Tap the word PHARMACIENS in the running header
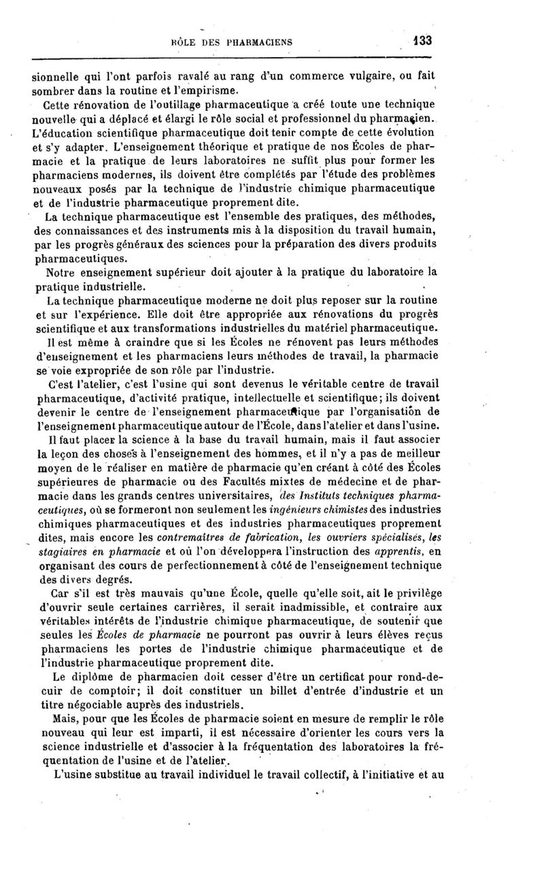point(254,41)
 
